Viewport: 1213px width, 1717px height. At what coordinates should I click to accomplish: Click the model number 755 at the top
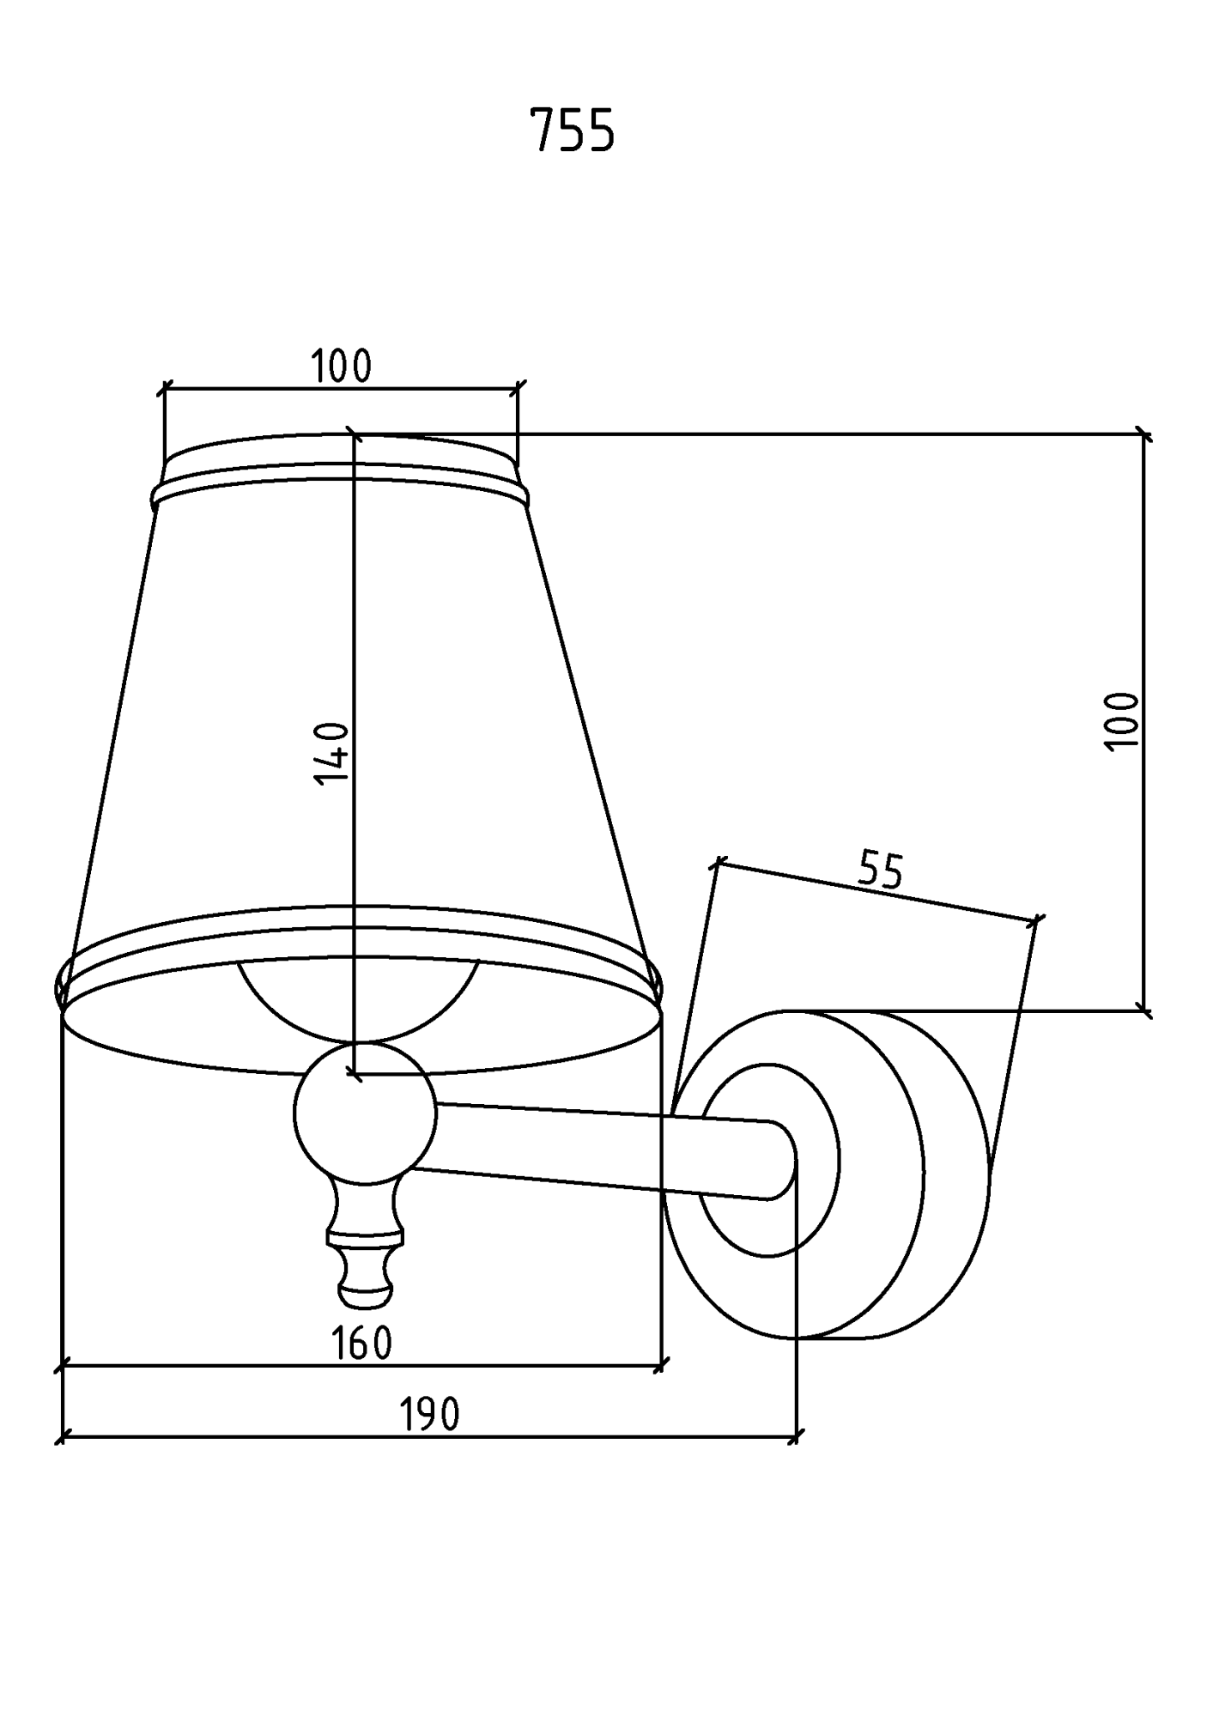click(x=572, y=130)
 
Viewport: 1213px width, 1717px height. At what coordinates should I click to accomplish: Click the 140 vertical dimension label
click(x=331, y=753)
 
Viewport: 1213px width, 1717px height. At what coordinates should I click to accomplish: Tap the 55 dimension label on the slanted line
click(x=881, y=870)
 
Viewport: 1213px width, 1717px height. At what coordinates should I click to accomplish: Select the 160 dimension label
click(x=361, y=1343)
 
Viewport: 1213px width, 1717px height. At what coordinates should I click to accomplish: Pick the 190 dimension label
click(x=430, y=1414)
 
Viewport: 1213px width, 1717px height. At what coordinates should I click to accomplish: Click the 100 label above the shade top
click(x=341, y=367)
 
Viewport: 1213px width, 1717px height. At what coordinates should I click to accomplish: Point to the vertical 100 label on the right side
click(x=1121, y=719)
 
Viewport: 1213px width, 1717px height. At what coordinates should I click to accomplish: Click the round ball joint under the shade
click(x=365, y=1113)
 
